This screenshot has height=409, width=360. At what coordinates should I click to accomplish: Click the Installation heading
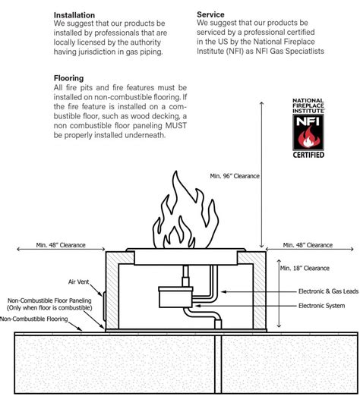coord(74,15)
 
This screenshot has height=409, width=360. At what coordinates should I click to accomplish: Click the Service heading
coord(210,14)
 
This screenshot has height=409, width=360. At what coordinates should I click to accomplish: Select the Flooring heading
coord(68,78)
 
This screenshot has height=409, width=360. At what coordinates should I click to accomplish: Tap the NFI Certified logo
coord(308,128)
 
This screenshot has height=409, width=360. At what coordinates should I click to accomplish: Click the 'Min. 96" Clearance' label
coord(235,176)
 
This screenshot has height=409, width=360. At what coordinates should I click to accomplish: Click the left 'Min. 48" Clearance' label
coord(61,245)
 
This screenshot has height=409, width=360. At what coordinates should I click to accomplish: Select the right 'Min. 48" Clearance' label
coord(308,245)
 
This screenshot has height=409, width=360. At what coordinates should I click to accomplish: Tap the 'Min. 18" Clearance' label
coord(305,268)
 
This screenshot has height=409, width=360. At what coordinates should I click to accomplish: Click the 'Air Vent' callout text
coord(78,282)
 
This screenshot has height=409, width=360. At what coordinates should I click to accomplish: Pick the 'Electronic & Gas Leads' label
coord(328,291)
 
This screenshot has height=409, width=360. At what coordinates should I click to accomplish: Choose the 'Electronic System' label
coord(321,306)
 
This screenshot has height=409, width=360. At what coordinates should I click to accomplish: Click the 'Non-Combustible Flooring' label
coord(34,319)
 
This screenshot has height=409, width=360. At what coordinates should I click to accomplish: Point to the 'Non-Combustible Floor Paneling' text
coord(49,300)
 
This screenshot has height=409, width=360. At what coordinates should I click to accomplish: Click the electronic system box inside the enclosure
coord(175,297)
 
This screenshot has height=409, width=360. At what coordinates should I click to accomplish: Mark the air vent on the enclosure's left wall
coord(104,307)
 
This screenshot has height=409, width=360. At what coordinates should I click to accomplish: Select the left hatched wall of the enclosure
coord(112,291)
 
